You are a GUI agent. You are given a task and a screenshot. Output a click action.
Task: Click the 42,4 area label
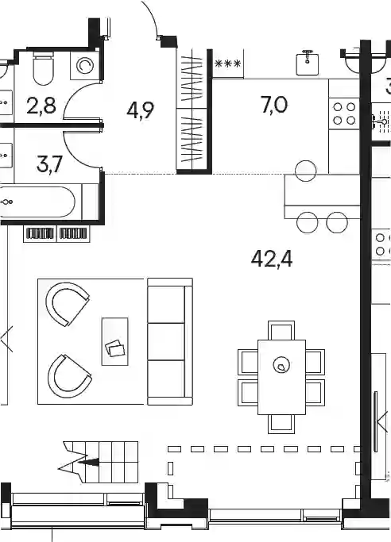(272, 259)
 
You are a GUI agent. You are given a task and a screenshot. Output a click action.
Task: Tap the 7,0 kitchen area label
(273, 105)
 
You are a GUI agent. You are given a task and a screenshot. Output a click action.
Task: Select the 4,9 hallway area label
(141, 110)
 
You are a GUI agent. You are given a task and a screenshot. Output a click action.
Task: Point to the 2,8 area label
(41, 106)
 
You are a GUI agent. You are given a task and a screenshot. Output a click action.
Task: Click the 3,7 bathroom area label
(49, 163)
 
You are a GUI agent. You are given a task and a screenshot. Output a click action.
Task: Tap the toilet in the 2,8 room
(43, 67)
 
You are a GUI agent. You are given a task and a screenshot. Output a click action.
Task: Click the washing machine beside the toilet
(84, 65)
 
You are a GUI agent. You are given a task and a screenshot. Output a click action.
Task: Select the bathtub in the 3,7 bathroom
(37, 202)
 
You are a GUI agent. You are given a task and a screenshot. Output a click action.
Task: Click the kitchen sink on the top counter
(308, 62)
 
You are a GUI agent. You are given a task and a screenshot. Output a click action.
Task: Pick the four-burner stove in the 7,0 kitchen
(344, 113)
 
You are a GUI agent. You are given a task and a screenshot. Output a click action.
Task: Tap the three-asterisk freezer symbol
(227, 64)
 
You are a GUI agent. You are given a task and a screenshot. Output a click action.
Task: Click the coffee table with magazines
(115, 341)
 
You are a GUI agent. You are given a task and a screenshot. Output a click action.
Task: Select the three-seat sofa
(170, 341)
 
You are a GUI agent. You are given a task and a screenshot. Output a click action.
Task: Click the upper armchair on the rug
(67, 304)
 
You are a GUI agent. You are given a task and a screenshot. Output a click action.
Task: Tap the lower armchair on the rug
(69, 376)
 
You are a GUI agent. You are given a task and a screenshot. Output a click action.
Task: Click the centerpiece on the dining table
(281, 365)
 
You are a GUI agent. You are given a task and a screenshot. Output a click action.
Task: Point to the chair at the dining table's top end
(281, 330)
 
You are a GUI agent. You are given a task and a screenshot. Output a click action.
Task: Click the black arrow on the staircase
(88, 462)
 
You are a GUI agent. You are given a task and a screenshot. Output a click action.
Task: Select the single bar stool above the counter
(306, 171)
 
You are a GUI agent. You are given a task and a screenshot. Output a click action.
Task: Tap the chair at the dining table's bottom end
(281, 424)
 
